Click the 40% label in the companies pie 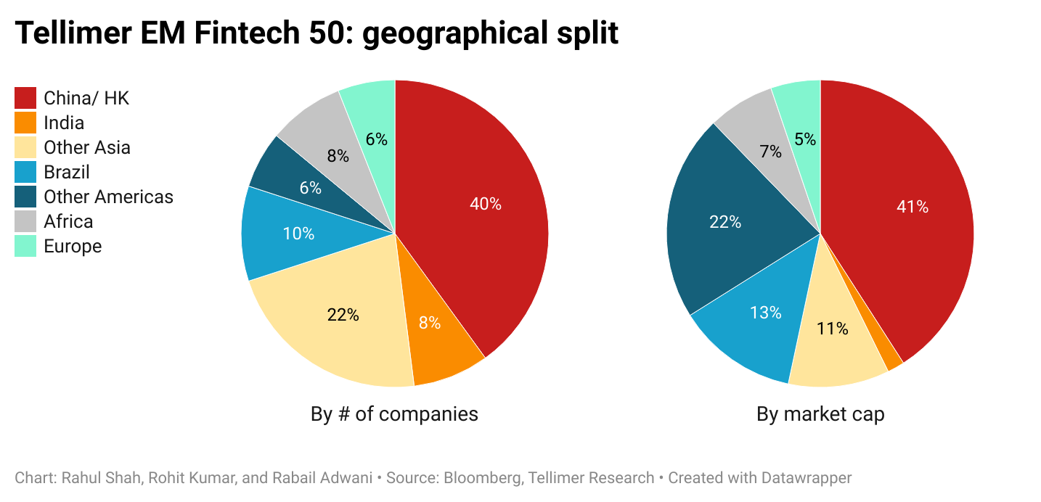click(x=485, y=204)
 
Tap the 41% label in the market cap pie click(x=913, y=207)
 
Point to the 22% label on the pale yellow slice click(x=343, y=315)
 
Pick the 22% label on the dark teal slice click(x=725, y=222)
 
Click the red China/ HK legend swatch click(x=25, y=98)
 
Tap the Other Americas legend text click(x=108, y=197)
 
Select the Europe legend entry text click(x=73, y=246)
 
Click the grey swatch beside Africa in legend click(x=25, y=221)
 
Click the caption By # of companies click(x=394, y=414)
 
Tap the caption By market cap click(x=820, y=414)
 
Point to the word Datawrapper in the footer click(x=806, y=478)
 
